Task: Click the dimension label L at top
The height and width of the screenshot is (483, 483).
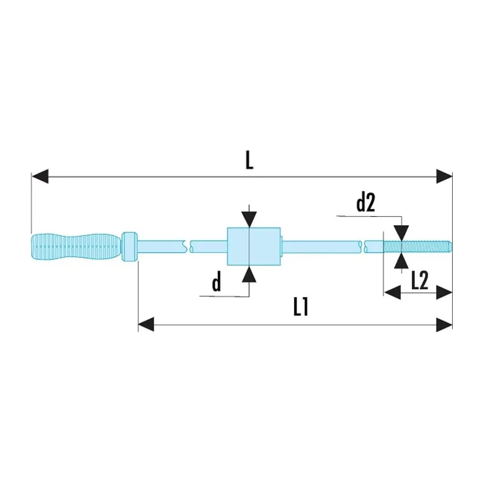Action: (249, 161)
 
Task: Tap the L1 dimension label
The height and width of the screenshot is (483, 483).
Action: (301, 307)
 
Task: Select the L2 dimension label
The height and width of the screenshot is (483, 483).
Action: (420, 281)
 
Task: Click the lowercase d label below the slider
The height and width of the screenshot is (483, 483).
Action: (217, 282)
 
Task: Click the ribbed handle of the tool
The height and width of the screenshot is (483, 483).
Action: (76, 248)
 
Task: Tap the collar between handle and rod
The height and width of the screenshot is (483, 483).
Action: (129, 246)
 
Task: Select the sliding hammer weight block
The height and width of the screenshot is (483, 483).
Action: (254, 246)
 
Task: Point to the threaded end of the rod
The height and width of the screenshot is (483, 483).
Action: (417, 246)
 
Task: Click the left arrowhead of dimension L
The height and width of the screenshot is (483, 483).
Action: (40, 176)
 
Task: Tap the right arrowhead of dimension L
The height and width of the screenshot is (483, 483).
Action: (444, 176)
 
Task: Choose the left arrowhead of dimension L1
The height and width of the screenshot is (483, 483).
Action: (146, 324)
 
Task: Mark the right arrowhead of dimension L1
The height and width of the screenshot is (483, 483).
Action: (444, 324)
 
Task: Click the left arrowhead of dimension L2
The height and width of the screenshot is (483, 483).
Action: (392, 292)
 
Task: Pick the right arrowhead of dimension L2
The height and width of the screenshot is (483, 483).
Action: (444, 292)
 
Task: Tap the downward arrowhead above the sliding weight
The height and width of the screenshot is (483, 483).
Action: (249, 220)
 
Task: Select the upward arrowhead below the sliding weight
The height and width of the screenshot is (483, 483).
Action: (249, 273)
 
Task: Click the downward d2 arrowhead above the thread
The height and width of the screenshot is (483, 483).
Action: (401, 233)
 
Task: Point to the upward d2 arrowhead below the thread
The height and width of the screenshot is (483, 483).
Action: (401, 260)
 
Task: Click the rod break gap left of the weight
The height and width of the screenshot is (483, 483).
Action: (188, 246)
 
